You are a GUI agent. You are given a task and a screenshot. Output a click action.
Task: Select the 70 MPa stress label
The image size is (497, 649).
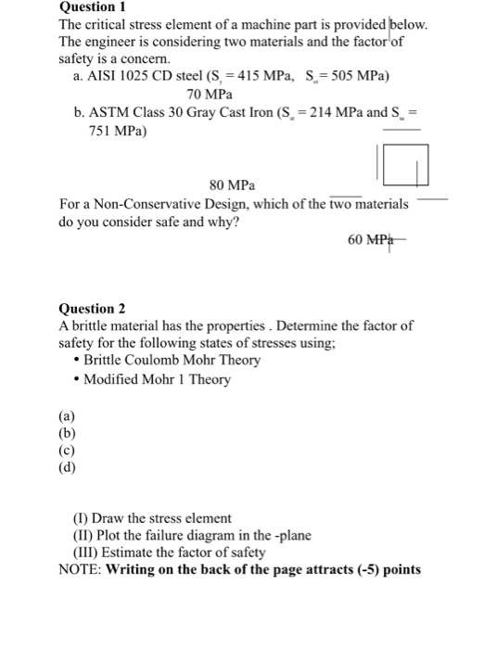[209, 95]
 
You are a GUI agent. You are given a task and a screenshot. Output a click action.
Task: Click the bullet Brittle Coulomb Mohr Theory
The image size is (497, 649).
[171, 360]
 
